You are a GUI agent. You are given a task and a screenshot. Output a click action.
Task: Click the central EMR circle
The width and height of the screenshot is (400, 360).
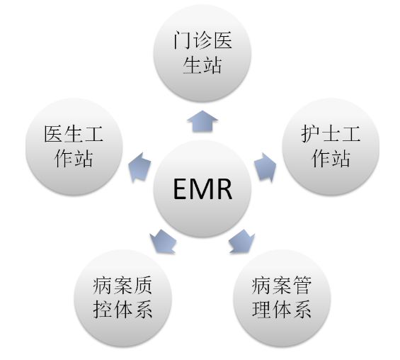[202, 189]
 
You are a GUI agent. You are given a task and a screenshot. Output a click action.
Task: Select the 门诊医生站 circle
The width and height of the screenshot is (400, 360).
[202, 53]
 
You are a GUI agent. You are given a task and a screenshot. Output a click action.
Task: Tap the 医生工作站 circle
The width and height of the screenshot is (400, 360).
[74, 146]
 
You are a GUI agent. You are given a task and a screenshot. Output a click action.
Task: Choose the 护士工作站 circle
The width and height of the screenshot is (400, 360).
[331, 146]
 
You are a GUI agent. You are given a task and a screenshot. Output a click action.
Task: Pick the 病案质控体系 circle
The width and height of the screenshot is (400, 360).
[122, 298]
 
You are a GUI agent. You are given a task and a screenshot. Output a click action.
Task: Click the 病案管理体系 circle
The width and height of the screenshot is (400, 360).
[282, 298]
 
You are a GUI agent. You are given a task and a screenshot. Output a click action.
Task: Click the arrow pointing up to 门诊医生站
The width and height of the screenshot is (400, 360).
[202, 121]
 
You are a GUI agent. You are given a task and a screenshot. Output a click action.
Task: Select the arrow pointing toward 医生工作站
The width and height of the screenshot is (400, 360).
[139, 167]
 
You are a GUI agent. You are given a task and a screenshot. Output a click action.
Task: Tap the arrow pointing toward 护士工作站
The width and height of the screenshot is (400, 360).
[265, 167]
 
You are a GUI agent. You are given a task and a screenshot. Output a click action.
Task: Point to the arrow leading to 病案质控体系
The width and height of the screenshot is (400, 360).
[164, 241]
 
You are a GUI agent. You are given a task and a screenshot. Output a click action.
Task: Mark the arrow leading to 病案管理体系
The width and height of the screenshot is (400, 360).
[241, 241]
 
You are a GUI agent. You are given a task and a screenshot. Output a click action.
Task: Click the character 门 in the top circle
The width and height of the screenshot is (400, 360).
[182, 40]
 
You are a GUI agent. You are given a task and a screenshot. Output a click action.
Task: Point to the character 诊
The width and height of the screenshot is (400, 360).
[202, 40]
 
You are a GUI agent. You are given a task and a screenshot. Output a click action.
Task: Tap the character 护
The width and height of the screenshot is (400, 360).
[310, 133]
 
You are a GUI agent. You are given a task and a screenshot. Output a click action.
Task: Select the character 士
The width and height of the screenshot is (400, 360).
[331, 133]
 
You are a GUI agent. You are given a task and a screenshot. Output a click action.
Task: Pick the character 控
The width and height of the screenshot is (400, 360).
[102, 310]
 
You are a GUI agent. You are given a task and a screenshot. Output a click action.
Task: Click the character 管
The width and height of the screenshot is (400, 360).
[302, 285]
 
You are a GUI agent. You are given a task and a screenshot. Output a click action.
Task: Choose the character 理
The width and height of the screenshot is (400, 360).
[261, 310]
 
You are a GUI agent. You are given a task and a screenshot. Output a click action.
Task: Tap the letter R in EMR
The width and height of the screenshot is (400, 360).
[224, 189]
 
